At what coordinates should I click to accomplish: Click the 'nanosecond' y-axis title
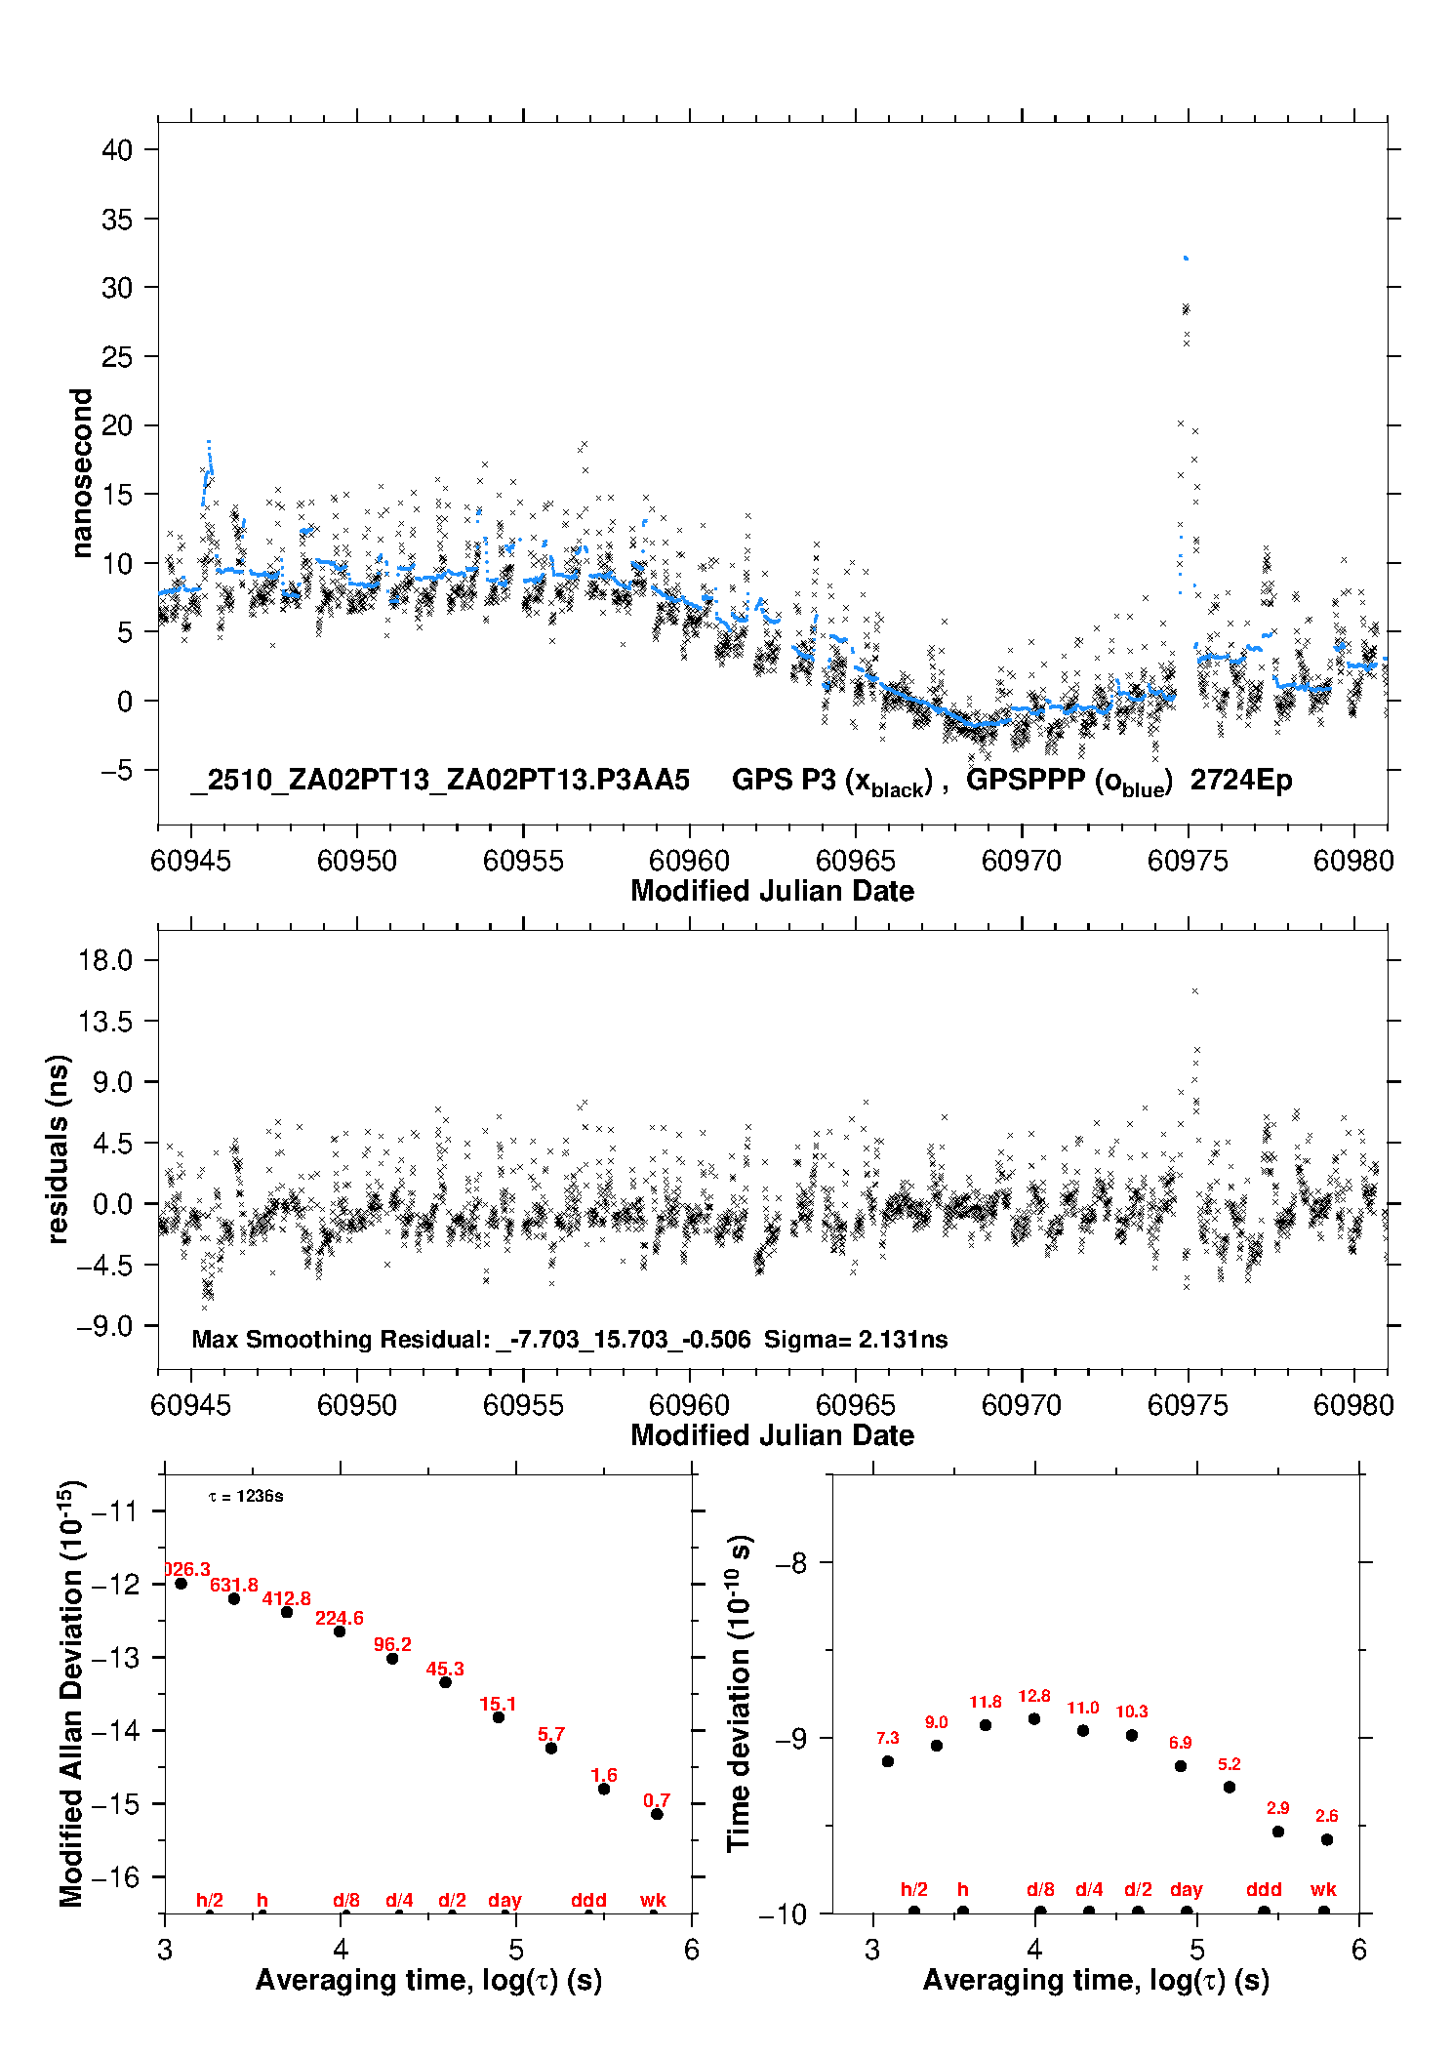[x=82, y=473]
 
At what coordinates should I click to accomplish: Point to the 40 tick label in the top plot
[x=117, y=150]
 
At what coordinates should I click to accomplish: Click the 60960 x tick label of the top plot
[x=689, y=861]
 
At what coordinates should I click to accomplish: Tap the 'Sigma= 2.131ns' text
[x=856, y=1339]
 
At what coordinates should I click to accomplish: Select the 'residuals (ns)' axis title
[x=59, y=1148]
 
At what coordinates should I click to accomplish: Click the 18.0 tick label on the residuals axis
[x=105, y=960]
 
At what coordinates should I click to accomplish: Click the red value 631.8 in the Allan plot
[x=234, y=1585]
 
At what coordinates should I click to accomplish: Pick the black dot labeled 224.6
[x=340, y=1631]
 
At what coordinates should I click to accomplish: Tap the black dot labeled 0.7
[x=657, y=1814]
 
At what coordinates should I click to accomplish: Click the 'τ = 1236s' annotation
[x=246, y=1497]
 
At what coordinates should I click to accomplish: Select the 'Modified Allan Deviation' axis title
[x=71, y=1693]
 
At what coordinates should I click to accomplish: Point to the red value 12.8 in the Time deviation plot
[x=1034, y=1696]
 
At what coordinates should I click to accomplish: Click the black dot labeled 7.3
[x=888, y=1761]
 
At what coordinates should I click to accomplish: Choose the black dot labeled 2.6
[x=1327, y=1839]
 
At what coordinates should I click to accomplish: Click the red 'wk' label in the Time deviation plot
[x=1323, y=1890]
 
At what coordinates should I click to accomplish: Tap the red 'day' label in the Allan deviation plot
[x=504, y=1900]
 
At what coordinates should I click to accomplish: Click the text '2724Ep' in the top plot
[x=1240, y=781]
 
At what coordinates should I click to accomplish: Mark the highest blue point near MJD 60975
[x=1185, y=258]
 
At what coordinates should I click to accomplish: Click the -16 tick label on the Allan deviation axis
[x=115, y=1876]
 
